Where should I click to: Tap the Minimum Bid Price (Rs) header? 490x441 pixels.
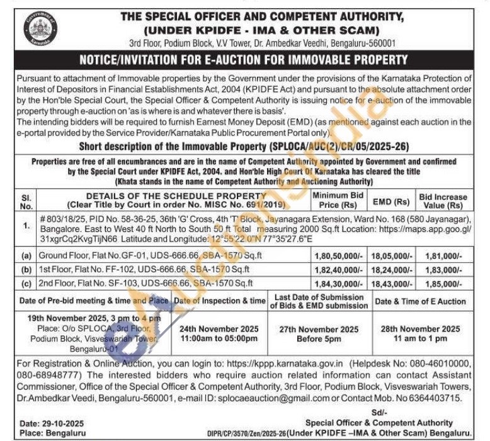coord(338,201)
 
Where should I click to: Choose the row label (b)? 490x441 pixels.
coord(26,269)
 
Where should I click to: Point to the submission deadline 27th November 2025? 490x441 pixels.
coord(320,329)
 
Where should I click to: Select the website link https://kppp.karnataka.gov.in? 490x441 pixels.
coord(280,364)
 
